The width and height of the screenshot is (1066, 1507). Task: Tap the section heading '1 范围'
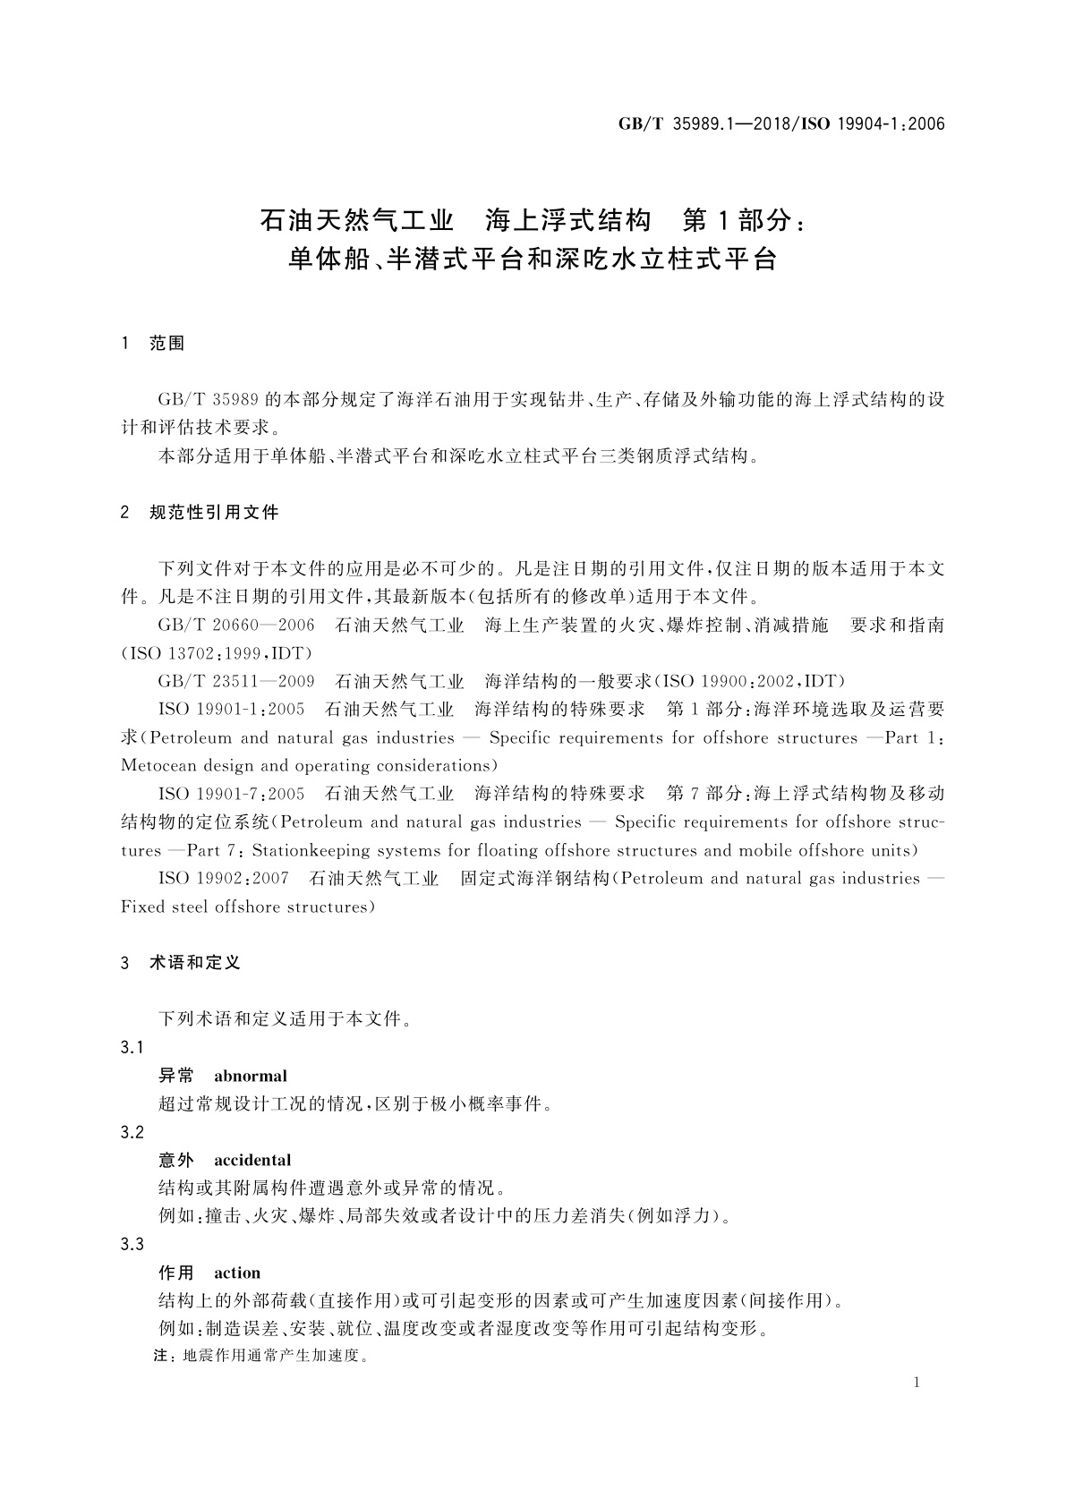152,344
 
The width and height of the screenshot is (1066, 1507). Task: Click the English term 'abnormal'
251,1076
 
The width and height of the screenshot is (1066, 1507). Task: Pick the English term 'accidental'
252,1160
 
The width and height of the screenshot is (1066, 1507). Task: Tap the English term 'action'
237,1273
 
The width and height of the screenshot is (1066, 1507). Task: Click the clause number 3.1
132,1048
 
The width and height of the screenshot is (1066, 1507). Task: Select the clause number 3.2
132,1132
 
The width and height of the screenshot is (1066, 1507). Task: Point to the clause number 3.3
132,1245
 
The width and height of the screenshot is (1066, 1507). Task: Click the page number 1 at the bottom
917,1383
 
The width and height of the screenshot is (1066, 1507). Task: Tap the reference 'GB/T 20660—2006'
236,626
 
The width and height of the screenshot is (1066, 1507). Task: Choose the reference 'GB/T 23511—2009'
236,682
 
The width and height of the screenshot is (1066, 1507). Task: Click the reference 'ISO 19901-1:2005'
232,710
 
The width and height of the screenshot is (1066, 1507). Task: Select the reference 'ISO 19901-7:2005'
232,794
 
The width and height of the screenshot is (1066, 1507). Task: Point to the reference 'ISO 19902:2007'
224,878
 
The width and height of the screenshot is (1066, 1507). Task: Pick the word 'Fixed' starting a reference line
141,907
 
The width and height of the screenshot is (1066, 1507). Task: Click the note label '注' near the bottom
161,1357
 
